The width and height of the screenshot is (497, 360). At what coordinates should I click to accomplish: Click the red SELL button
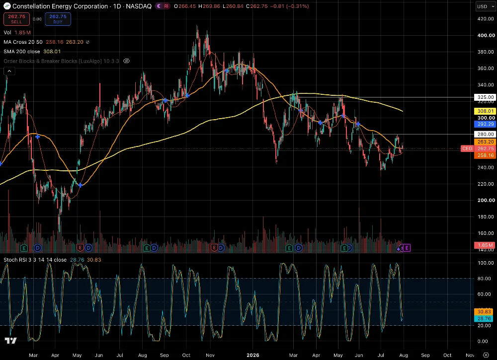(x=16, y=19)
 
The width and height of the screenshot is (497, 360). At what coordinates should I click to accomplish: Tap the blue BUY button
(x=58, y=19)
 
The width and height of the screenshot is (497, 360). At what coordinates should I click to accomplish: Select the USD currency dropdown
(x=486, y=6)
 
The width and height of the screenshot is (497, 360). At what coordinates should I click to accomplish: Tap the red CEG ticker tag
(x=467, y=148)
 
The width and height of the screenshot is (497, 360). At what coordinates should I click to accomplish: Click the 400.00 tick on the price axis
(x=486, y=35)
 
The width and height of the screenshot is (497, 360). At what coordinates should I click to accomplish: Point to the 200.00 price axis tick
(x=486, y=200)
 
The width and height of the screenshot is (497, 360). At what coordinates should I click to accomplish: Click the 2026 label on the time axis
(x=253, y=355)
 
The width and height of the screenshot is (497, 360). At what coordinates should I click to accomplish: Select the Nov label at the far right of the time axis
(x=470, y=355)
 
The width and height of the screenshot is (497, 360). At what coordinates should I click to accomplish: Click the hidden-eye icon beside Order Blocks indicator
(x=126, y=61)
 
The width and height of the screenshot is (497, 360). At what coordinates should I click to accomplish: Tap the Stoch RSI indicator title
(x=35, y=260)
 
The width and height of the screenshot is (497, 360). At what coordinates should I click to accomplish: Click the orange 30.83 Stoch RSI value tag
(x=484, y=312)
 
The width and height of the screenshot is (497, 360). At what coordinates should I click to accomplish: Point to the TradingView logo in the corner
(x=11, y=341)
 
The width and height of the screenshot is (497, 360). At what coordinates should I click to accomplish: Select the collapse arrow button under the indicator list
(x=9, y=71)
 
